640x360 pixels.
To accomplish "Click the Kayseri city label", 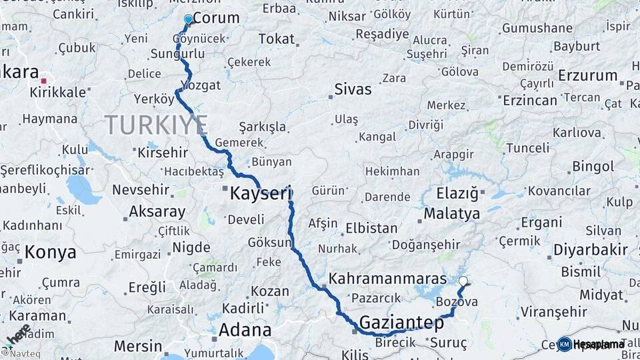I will click(x=261, y=195).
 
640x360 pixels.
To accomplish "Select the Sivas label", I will click(x=353, y=89).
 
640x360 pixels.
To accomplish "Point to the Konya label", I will click(x=51, y=253).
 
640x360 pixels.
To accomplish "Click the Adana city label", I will click(x=245, y=331).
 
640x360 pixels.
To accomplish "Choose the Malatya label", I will click(x=452, y=215).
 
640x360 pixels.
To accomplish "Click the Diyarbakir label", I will click(x=591, y=251).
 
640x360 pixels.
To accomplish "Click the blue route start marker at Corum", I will click(x=189, y=20).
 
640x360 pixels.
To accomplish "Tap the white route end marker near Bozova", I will click(x=463, y=281).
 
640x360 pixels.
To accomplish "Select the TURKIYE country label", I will click(x=156, y=125).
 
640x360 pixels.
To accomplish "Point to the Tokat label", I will click(x=276, y=39).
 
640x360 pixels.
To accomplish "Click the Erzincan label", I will click(x=529, y=101).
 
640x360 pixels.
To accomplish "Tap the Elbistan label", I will click(x=371, y=228).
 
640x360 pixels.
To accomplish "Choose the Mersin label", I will click(x=138, y=346).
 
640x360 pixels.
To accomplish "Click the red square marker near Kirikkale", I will click(x=44, y=81).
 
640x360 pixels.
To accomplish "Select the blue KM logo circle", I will click(x=565, y=344).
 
